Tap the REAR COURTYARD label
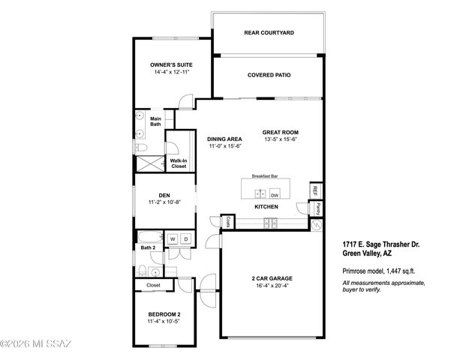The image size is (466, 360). [269, 33]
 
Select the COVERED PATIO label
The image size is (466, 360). [269, 75]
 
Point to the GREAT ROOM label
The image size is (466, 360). [281, 131]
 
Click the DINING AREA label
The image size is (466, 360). [224, 138]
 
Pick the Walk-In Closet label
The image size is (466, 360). [179, 163]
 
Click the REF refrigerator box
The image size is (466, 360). [316, 190]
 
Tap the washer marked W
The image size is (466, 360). [172, 239]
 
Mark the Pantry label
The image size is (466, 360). [318, 207]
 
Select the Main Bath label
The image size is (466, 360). [155, 121]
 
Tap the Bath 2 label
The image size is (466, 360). [148, 247]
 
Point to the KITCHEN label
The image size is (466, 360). [266, 206]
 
